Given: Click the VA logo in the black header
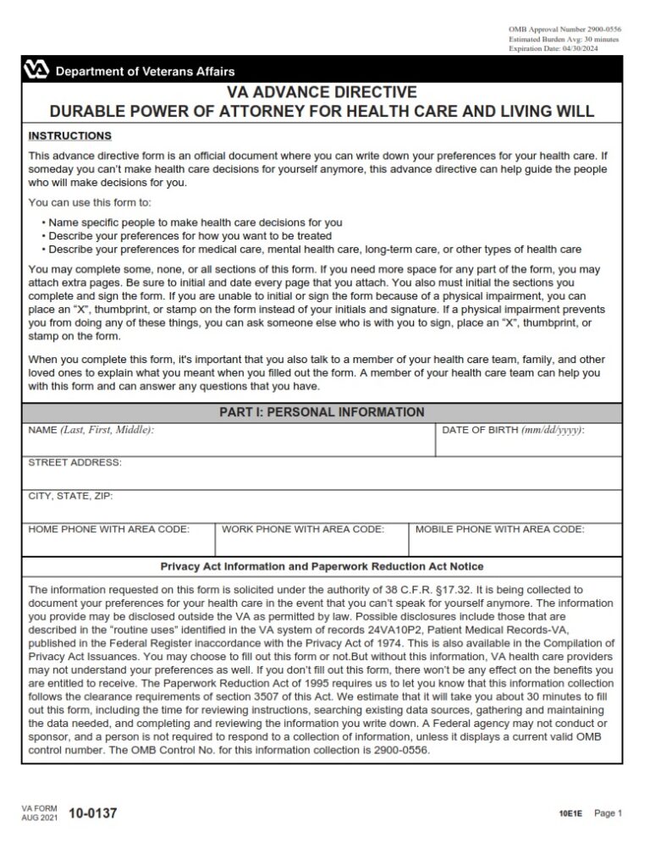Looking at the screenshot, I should (x=37, y=70).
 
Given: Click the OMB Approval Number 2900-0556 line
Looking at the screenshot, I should (x=565, y=30).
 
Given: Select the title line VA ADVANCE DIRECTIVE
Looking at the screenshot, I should (x=322, y=92).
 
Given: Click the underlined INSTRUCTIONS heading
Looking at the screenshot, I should (x=69, y=135).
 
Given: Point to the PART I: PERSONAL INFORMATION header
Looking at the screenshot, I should (x=322, y=412).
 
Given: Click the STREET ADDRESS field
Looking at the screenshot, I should (x=322, y=475).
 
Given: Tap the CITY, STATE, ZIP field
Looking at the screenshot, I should (x=322, y=507).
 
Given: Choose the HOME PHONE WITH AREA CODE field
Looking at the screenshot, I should (x=118, y=540).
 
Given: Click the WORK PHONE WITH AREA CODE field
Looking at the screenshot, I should (x=312, y=540).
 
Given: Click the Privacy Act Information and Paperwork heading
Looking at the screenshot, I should (x=322, y=566).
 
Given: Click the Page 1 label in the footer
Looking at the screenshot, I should (x=608, y=814).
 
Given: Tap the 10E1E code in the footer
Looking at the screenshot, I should (x=570, y=815).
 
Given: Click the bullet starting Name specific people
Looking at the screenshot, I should (x=195, y=223).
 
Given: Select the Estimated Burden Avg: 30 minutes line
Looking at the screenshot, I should (x=563, y=40).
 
